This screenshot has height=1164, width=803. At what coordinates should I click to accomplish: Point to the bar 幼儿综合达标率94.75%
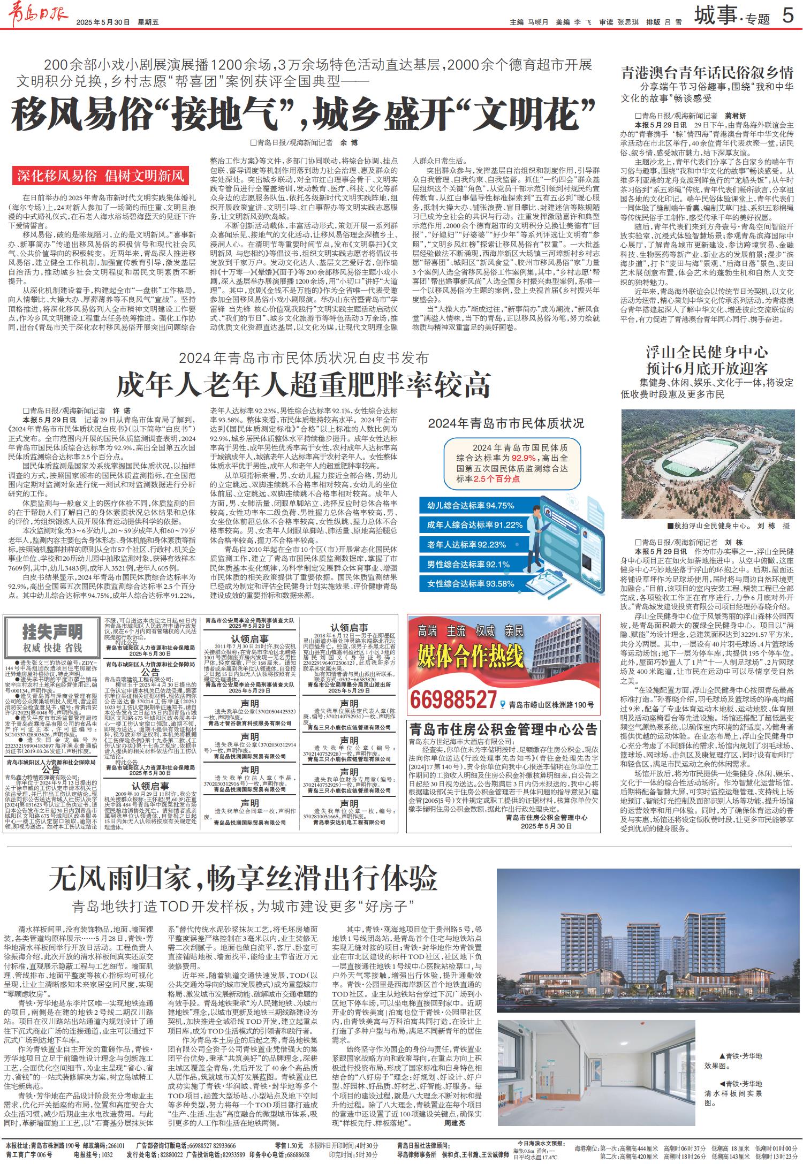point(471,505)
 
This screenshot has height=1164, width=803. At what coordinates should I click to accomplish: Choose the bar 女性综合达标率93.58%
point(471,583)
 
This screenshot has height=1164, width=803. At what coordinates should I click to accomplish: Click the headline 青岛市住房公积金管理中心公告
point(503,730)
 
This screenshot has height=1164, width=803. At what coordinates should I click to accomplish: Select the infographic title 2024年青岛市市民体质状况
point(506,424)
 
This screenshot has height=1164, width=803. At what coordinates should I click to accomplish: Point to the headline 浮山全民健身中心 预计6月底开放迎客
point(707,360)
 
